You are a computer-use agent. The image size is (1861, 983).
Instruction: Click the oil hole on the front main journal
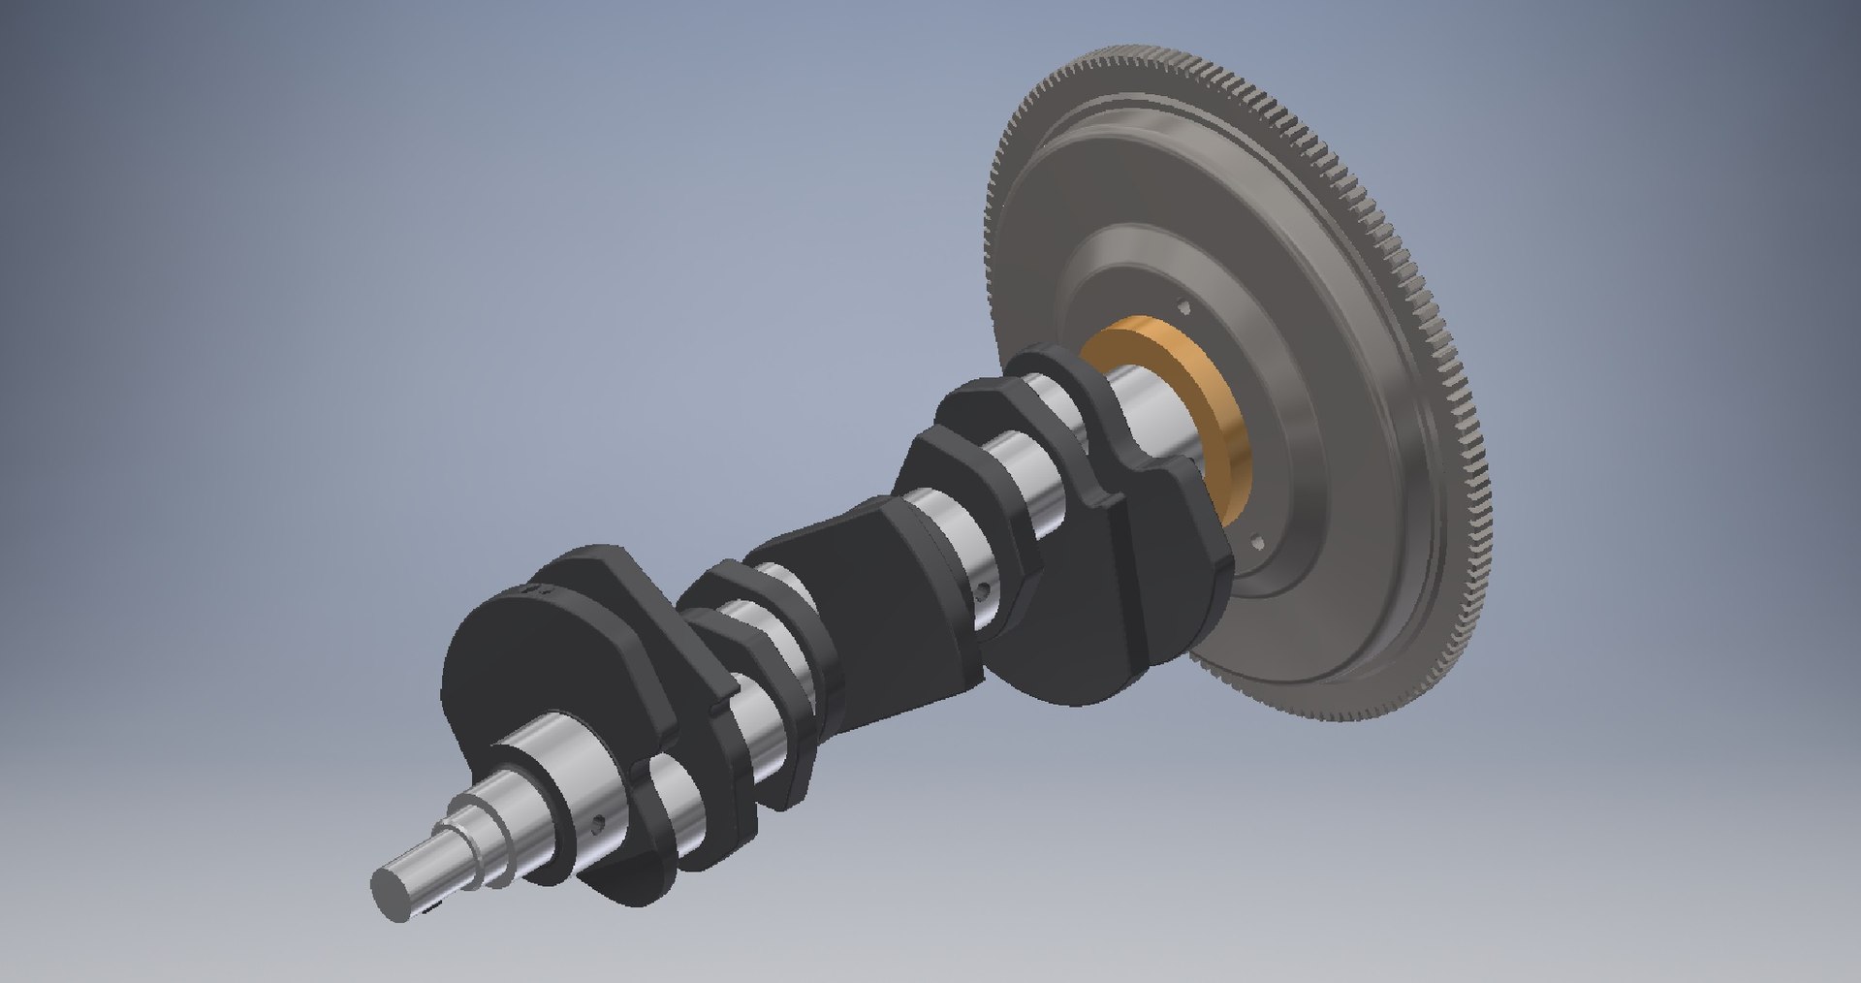[598, 823]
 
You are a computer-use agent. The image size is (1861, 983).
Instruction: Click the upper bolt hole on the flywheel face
[1184, 308]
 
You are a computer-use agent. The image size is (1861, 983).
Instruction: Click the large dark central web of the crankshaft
[853, 620]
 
